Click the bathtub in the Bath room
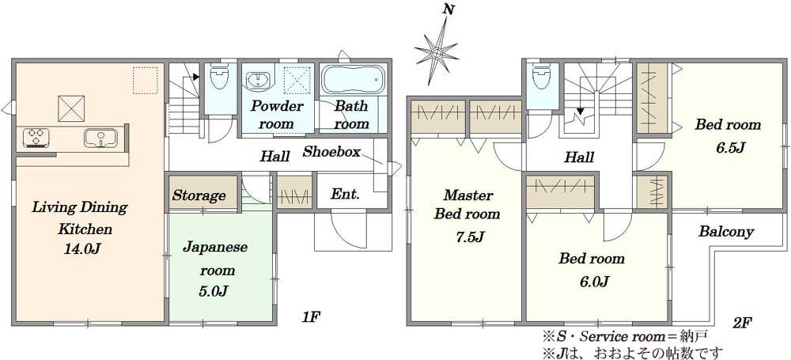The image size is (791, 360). pyautogui.click(x=353, y=80)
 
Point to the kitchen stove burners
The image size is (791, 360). pyautogui.click(x=37, y=137)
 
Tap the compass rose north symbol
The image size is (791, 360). pyautogui.click(x=437, y=51)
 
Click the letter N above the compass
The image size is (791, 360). pyautogui.click(x=447, y=9)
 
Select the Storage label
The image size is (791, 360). pyautogui.click(x=199, y=195)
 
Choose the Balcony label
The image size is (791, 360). pyautogui.click(x=726, y=232)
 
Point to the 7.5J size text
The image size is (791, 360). pyautogui.click(x=468, y=236)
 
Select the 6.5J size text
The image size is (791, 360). pyautogui.click(x=729, y=147)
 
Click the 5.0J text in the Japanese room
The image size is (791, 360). pyautogui.click(x=214, y=290)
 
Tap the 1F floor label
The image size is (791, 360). pyautogui.click(x=311, y=317)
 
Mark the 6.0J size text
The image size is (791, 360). pyautogui.click(x=591, y=282)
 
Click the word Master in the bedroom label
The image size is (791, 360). pyautogui.click(x=468, y=195)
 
